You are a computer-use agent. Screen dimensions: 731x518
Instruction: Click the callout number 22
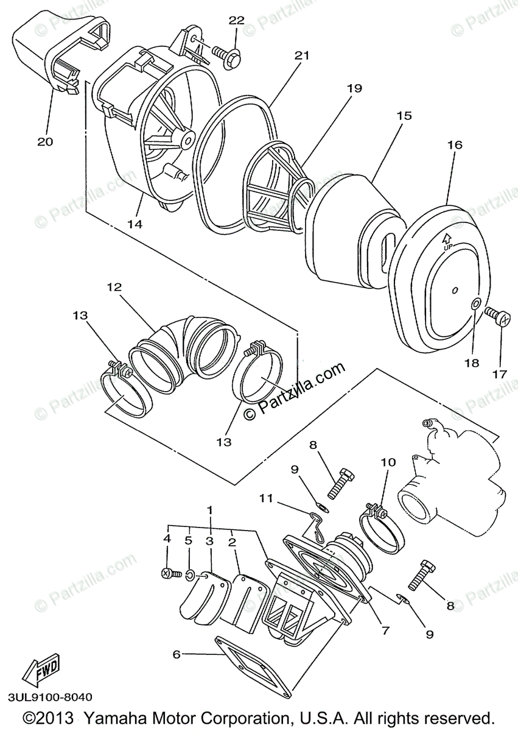click(x=236, y=20)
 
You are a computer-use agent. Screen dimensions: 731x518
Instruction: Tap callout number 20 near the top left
click(x=45, y=141)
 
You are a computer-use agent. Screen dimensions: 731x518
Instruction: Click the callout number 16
click(x=455, y=145)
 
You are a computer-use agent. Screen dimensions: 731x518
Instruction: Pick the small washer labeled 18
click(x=476, y=305)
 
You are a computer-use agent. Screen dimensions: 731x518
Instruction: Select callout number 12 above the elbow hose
click(x=115, y=286)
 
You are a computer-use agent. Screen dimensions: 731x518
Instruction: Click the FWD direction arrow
click(x=40, y=673)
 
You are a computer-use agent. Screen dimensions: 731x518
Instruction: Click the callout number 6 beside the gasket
click(x=177, y=654)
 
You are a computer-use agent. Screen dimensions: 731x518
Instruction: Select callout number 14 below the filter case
click(x=135, y=224)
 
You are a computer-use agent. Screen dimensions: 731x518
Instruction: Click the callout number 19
click(x=354, y=88)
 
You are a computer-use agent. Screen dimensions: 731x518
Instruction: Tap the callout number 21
click(x=303, y=55)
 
